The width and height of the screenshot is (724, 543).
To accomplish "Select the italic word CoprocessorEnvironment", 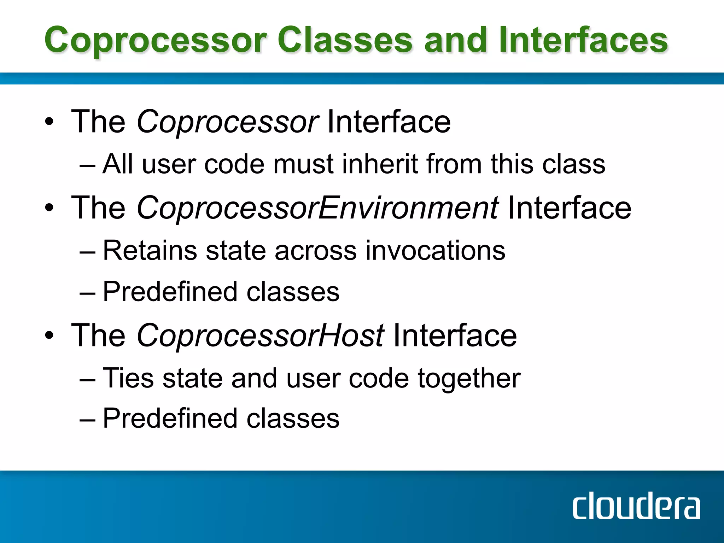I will [x=317, y=208].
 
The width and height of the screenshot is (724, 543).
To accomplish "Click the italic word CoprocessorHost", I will [x=260, y=335].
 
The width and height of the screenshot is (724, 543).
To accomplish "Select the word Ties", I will [x=128, y=378].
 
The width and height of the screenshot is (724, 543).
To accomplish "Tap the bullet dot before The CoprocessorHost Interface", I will [x=49, y=335].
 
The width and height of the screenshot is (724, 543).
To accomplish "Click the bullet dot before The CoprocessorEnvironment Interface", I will [x=49, y=208].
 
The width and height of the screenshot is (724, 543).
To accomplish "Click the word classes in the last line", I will [x=293, y=419].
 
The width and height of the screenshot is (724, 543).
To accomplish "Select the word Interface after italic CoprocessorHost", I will [x=455, y=335].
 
